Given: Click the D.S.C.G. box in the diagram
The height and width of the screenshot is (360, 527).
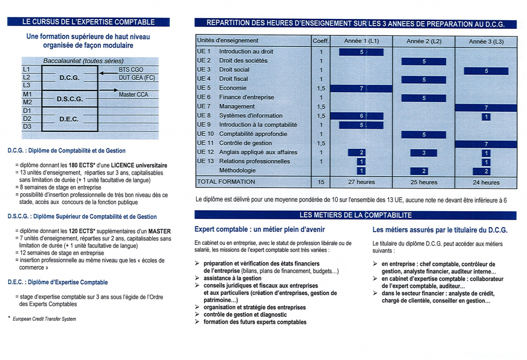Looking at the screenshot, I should tap(69, 98).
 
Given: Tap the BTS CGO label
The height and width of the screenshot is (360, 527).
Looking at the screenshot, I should tap(131, 70).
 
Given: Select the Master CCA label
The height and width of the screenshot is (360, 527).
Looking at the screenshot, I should tap(133, 95).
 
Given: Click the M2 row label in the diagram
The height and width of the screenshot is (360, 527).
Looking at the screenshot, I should tap(27, 102).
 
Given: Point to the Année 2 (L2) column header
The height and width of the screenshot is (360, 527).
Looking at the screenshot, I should tap(424, 41).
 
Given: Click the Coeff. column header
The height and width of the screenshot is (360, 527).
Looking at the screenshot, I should tap(321, 41).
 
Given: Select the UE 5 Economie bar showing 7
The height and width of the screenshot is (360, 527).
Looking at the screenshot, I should tap(361, 89).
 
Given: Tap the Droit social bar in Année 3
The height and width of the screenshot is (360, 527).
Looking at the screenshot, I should tap(486, 71).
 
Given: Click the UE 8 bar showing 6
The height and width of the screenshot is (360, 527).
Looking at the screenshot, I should tap(361, 116).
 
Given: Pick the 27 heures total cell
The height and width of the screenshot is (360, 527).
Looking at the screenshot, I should tap(361, 182).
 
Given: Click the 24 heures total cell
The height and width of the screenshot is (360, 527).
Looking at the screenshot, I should tap(486, 182).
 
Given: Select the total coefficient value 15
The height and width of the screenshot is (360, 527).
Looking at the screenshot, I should tap(321, 182).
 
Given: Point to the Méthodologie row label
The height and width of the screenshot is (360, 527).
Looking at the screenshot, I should tap(237, 170).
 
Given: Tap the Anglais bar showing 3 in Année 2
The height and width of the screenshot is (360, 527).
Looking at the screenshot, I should tap(424, 153).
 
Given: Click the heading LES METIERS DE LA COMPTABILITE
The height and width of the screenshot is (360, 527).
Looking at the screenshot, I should tap(356, 215).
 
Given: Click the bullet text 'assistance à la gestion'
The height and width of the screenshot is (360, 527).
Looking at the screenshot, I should tap(233, 278).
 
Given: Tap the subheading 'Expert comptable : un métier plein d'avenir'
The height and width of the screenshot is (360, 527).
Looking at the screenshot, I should tap(260, 230).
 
